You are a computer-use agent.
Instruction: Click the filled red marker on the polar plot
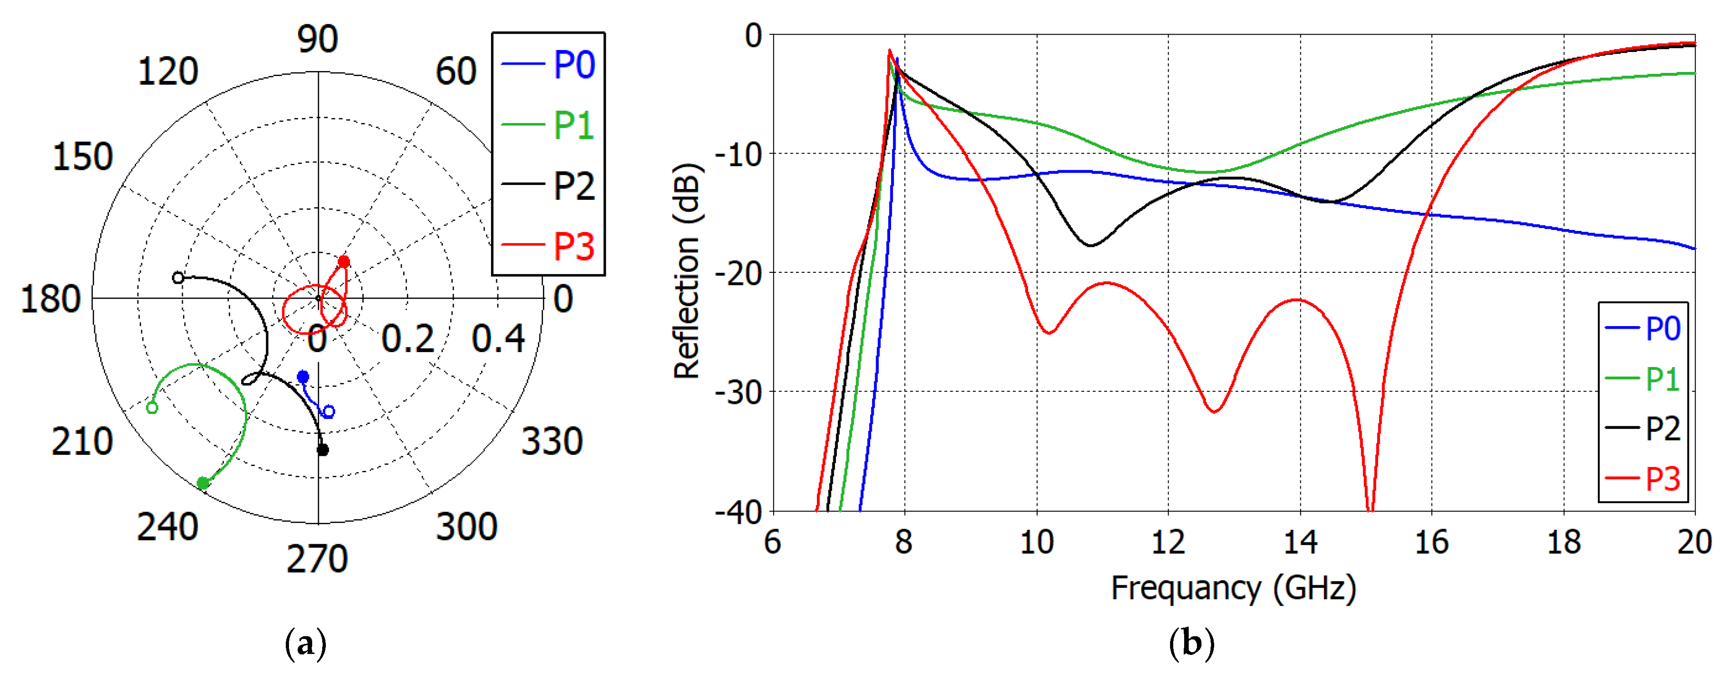[x=343, y=262]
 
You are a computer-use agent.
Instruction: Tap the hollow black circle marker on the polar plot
[x=178, y=278]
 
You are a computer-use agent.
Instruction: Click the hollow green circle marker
[x=152, y=408]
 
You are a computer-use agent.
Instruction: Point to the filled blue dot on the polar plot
[x=303, y=377]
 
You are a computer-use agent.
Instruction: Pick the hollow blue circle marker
[x=329, y=412]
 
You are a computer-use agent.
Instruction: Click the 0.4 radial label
[x=498, y=339]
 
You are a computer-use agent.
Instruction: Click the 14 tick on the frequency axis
[x=1300, y=542]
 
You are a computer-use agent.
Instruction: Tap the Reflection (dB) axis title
[x=686, y=271]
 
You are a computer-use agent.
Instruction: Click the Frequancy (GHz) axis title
[x=1233, y=588]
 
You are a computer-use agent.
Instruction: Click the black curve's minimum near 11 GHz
[x=1091, y=245]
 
